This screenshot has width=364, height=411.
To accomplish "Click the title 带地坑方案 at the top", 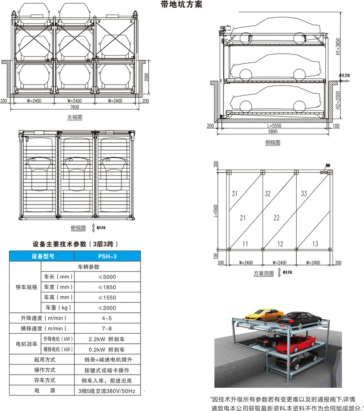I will tap(181, 5).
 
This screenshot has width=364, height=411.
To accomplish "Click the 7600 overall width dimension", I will tap(75, 107).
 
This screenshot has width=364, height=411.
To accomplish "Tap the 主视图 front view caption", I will tap(75, 117).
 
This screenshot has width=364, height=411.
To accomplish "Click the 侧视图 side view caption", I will tap(273, 142).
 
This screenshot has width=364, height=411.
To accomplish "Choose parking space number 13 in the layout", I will tap(315, 244).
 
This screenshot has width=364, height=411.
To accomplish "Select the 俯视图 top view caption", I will tap(78, 228).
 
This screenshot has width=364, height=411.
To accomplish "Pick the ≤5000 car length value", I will tap(109, 277).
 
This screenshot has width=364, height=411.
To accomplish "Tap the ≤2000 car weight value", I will tap(109, 308).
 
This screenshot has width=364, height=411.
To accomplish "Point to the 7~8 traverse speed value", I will tap(109, 329).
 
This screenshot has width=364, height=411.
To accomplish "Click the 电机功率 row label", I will tap(25, 344).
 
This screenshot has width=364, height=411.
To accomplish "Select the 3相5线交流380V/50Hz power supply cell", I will tap(109, 391).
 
